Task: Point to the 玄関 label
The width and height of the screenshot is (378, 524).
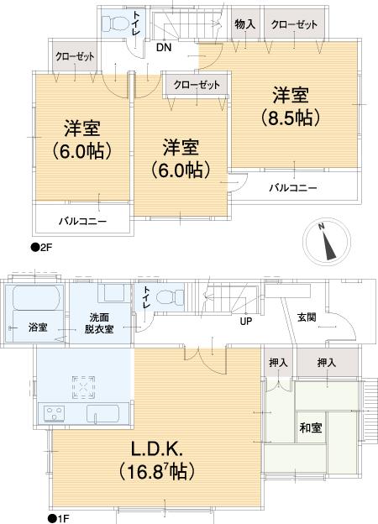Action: (x=307, y=317)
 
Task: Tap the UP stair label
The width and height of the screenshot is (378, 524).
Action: (x=246, y=321)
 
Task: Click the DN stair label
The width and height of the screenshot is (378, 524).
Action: (x=165, y=48)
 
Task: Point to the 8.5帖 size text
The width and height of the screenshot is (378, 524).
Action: (x=289, y=116)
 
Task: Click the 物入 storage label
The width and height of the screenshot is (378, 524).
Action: (x=245, y=25)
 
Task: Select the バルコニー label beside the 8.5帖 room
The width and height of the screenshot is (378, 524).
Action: (x=292, y=187)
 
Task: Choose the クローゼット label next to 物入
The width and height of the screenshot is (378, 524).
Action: (x=293, y=25)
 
